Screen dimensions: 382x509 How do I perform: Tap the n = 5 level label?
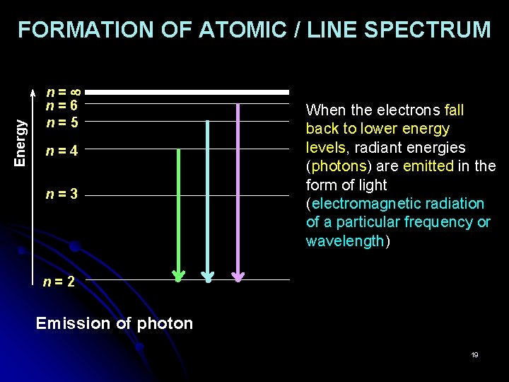point(62,122)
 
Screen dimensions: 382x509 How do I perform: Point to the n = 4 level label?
point(62,150)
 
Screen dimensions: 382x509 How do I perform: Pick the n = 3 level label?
point(62,194)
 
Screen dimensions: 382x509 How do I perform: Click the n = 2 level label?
point(59,282)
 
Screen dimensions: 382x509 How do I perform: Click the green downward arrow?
point(179,212)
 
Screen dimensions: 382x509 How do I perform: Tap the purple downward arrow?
point(238,191)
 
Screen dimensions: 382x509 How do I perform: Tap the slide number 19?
point(475,354)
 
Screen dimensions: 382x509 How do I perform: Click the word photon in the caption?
point(165,323)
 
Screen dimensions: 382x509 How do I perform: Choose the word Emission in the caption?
point(74,323)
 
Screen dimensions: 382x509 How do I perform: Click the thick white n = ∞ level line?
point(192,92)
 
